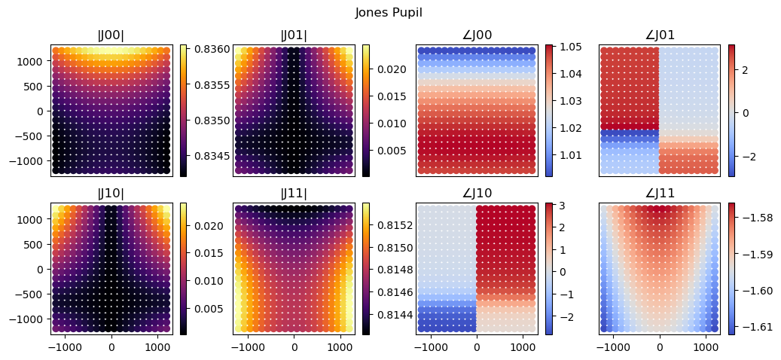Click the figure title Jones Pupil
tap(389, 13)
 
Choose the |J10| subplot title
tap(111, 194)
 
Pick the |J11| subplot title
tap(294, 194)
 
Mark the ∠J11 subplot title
tap(659, 194)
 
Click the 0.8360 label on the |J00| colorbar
tap(203, 49)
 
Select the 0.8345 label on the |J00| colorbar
tap(203, 156)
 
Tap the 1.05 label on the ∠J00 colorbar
tap(566, 47)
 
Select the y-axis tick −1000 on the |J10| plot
tap(32, 319)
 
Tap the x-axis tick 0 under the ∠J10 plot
tap(477, 346)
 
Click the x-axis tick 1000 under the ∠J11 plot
tap(706, 346)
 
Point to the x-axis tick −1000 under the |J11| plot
tap(248, 346)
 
